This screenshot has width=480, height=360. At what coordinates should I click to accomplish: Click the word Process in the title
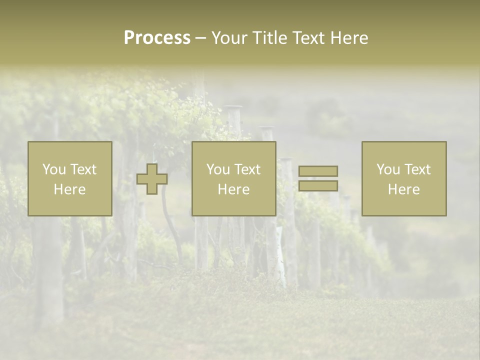coord(157,38)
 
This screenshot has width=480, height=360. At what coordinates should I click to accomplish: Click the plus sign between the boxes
coord(152,179)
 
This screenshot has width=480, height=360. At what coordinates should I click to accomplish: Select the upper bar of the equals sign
coord(318,171)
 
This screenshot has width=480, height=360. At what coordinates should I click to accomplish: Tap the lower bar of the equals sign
coord(318,185)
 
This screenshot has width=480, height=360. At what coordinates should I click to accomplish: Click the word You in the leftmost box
coord(54,169)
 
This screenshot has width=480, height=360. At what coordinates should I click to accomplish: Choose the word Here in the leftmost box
coord(69,189)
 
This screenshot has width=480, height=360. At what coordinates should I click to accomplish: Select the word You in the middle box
coord(218,169)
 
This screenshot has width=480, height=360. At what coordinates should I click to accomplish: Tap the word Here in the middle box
coord(233,189)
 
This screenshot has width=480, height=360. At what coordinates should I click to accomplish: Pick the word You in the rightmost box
coord(388,169)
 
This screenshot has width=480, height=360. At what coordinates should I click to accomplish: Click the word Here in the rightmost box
coord(403,189)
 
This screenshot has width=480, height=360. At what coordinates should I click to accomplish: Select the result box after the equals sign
coord(404,205)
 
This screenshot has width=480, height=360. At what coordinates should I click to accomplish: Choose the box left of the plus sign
coord(69,205)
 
